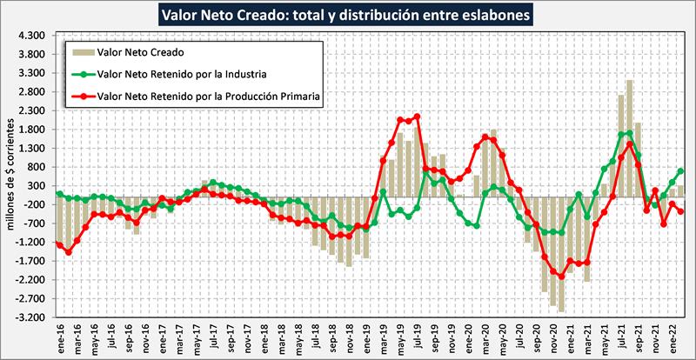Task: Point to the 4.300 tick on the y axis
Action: point(30,36)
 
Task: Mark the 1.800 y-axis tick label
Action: point(30,130)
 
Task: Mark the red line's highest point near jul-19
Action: point(418,117)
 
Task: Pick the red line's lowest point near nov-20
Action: point(561,277)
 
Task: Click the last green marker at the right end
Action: point(680,171)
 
